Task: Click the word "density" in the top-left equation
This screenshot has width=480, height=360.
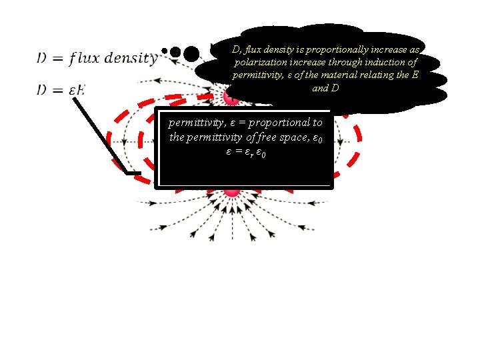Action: tap(129, 59)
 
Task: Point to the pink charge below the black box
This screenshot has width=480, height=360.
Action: tap(232, 191)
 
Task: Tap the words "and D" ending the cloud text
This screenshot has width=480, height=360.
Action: tap(325, 87)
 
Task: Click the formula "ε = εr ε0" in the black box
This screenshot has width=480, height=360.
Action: tap(245, 153)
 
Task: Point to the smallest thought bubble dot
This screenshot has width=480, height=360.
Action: tap(165, 49)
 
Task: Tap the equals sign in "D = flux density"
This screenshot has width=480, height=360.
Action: tap(57, 59)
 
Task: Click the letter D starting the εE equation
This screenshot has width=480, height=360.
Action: tap(42, 90)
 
